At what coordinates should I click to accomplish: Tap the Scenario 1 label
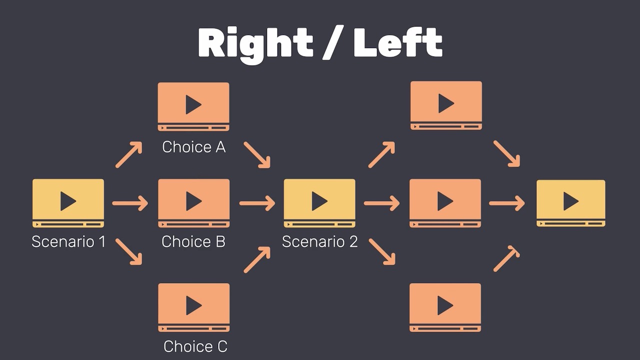click(x=68, y=241)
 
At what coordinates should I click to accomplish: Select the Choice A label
click(x=194, y=147)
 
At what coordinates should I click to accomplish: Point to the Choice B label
click(x=193, y=241)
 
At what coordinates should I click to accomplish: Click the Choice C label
click(x=195, y=346)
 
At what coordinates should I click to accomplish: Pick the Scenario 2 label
click(x=320, y=241)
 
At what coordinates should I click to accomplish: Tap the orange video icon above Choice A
click(x=193, y=106)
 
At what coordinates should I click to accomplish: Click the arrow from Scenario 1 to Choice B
click(x=130, y=203)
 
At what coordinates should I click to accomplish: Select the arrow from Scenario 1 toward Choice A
click(x=129, y=154)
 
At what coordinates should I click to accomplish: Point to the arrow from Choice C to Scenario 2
click(x=257, y=259)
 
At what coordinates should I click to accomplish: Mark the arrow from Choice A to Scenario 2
click(x=257, y=154)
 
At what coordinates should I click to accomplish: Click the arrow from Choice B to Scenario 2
click(x=257, y=203)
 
